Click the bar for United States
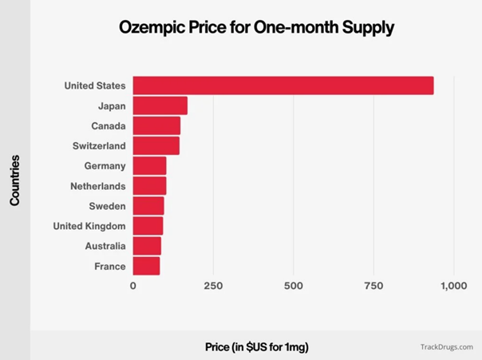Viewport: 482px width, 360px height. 282,85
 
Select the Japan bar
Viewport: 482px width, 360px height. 160,105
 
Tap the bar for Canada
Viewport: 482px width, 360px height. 156,125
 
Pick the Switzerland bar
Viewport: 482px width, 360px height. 156,145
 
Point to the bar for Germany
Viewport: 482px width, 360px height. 149,165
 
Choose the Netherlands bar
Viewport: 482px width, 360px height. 149,186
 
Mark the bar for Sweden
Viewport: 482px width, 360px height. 148,206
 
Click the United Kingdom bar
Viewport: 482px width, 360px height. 148,226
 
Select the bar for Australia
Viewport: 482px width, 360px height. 147,246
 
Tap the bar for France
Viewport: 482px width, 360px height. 146,266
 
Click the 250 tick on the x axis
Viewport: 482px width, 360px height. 213,286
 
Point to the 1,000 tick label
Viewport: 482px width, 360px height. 453,286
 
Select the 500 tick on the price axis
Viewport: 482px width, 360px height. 294,286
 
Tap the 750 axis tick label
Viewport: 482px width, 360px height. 373,286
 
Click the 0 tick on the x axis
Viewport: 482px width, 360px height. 133,286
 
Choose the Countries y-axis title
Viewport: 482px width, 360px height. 15,180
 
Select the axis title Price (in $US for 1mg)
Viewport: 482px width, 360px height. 256,346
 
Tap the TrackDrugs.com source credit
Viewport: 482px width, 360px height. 446,347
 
